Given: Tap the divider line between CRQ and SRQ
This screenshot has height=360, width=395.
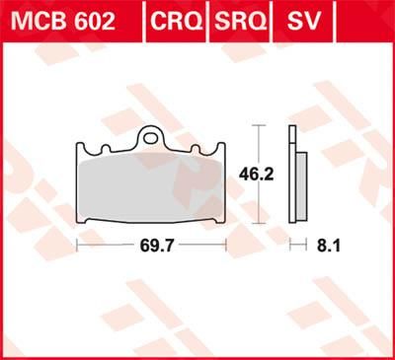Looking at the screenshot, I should [x=206, y=21].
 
